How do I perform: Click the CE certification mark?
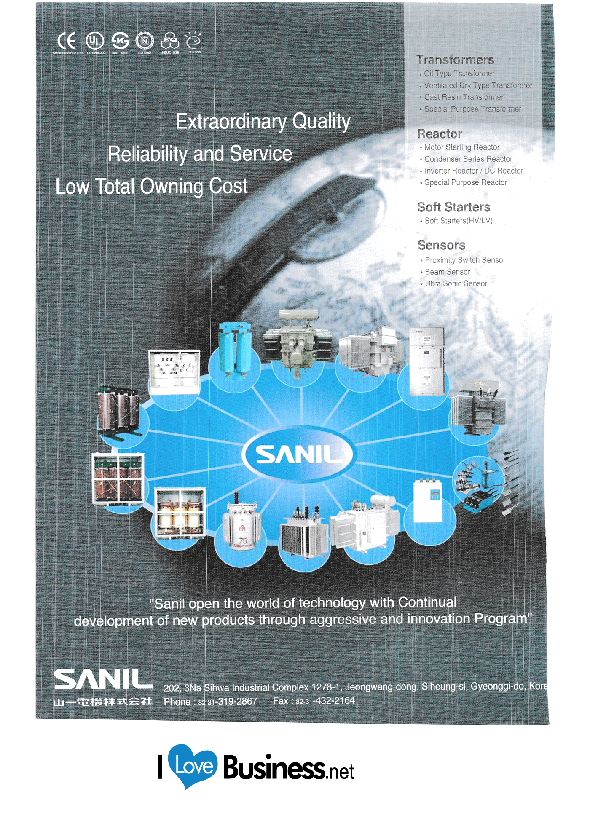pos(67,41)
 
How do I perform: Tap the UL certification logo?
pos(95,41)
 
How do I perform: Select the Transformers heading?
pos(455,60)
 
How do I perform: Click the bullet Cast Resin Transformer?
pos(464,97)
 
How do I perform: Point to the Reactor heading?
pos(440,134)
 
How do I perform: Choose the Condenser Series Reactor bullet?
pos(468,159)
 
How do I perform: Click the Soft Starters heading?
pos(453,207)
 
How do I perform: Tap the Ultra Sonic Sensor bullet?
pos(456,284)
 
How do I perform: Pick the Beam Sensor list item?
pos(448,272)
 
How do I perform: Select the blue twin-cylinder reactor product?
pos(235,348)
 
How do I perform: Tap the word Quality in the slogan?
pos(321,121)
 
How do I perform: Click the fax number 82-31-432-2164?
pos(325,701)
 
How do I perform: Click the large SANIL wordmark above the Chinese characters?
pos(103,679)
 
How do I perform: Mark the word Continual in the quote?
pos(427,602)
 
